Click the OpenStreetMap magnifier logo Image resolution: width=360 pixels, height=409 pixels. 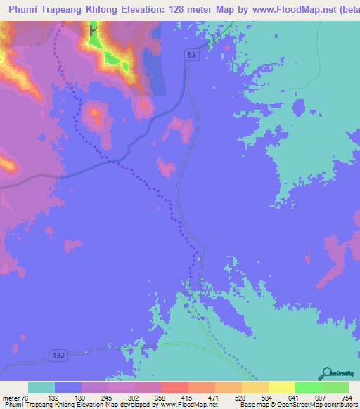(x=326, y=373)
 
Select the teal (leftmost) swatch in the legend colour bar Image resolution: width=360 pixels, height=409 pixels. (x=41, y=387)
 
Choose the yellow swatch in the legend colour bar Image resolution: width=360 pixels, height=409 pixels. (x=281, y=387)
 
